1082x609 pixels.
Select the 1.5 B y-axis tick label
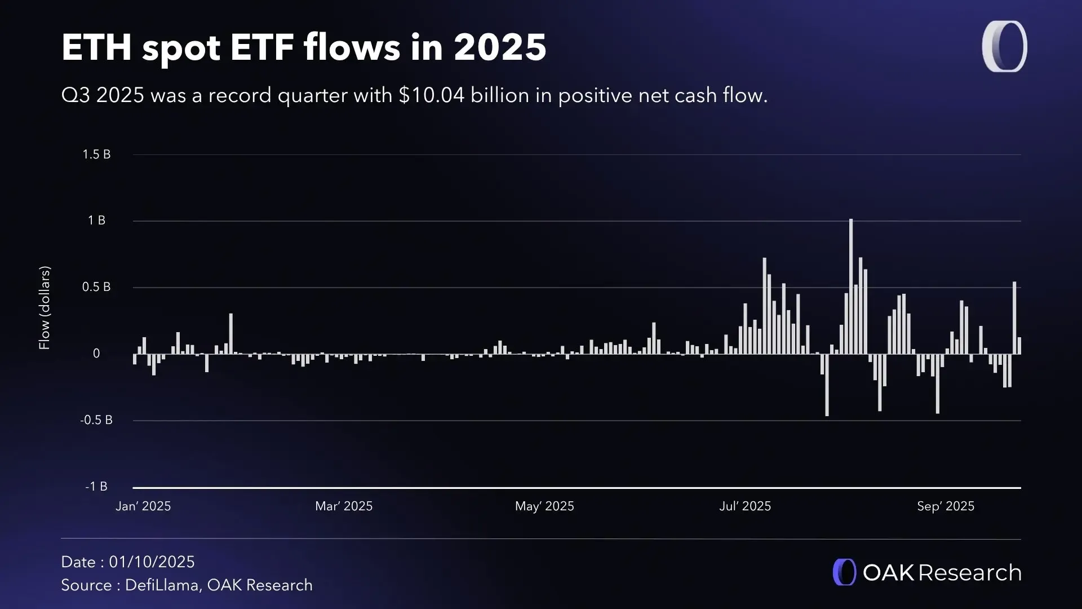96,155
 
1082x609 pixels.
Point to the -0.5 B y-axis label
96,420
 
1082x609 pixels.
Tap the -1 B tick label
96,487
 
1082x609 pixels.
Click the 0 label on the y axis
96,354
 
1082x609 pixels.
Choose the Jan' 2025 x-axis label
143,506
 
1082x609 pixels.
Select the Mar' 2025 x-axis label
344,506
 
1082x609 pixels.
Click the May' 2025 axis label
544,506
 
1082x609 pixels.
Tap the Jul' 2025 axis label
745,506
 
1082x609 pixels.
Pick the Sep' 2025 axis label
946,506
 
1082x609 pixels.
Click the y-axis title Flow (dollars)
45,308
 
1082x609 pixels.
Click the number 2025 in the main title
500,47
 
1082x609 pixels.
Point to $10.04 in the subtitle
432,95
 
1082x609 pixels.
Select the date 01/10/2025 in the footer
152,562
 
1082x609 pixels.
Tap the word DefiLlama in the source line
162,585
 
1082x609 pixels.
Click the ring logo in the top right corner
1004,47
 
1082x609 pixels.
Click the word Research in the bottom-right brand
969,573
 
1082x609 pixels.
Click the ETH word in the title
96,47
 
